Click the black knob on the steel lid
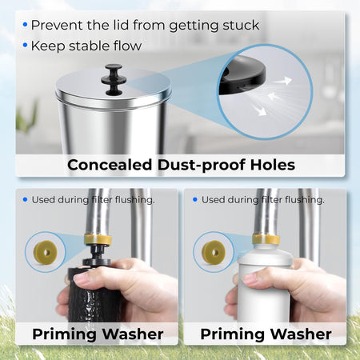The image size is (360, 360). (112, 79)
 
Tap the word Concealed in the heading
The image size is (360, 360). (110, 165)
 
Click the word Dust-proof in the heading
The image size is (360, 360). (201, 166)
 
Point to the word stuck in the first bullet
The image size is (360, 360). (241, 26)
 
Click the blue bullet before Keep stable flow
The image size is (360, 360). (25, 46)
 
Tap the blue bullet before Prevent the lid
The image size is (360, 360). (25, 25)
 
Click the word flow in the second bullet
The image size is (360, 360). (127, 46)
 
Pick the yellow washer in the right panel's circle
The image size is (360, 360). (214, 252)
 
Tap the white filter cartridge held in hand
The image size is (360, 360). (264, 286)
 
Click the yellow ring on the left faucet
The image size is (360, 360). (98, 239)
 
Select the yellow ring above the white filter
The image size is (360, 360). (266, 240)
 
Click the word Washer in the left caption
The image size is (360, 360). (133, 334)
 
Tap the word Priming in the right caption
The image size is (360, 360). (233, 335)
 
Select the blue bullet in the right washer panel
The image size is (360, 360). (195, 199)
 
